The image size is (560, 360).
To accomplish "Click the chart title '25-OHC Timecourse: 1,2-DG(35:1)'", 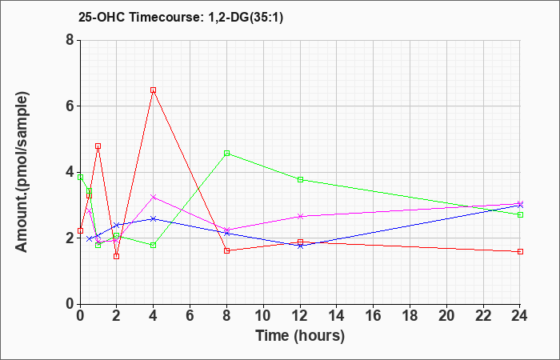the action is (x=180, y=17).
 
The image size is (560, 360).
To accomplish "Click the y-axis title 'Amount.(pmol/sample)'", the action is (x=22, y=172).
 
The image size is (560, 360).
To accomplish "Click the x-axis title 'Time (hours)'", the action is (x=300, y=336).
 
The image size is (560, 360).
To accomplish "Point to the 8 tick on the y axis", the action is (x=70, y=40).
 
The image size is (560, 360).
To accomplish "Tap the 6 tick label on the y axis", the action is (x=70, y=106).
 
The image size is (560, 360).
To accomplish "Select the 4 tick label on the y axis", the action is (x=70, y=172).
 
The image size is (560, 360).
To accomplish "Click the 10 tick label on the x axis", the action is (x=263, y=316).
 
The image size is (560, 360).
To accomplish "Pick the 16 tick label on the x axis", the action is (x=374, y=316).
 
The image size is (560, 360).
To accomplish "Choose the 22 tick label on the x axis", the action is (x=483, y=316).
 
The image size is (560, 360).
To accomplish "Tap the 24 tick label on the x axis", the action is (x=520, y=316).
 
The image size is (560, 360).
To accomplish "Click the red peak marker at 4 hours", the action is (x=154, y=90).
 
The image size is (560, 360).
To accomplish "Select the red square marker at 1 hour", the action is (x=98, y=146).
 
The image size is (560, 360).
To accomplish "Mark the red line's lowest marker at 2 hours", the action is (x=117, y=257).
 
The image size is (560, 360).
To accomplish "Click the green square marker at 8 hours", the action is (x=226, y=154).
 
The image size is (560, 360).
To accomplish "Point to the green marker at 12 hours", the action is (x=300, y=180).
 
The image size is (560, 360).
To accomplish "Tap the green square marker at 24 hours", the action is (x=520, y=214).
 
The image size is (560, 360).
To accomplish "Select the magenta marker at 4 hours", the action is (x=154, y=197).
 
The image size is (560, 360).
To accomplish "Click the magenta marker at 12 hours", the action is (x=300, y=217).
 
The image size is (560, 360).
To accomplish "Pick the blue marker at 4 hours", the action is (x=154, y=218).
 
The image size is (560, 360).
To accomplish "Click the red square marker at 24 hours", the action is (x=520, y=252).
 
